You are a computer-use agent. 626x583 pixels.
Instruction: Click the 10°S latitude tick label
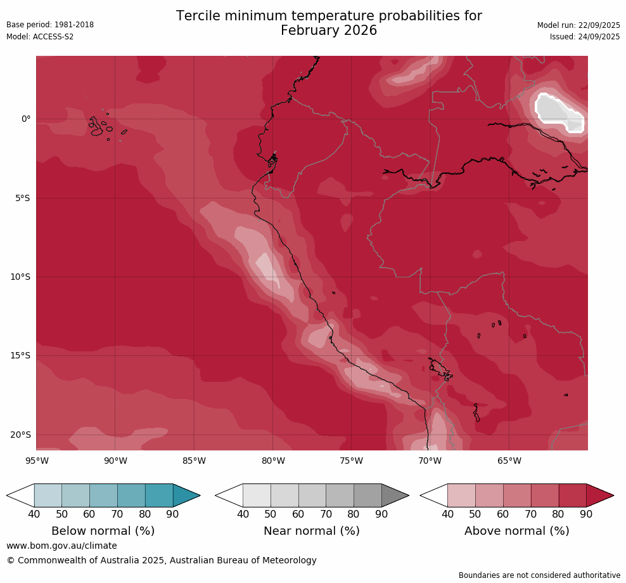(x=20, y=277)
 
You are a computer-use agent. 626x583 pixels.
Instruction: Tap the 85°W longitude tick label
(x=194, y=461)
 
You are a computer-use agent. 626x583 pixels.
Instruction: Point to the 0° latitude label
(x=26, y=119)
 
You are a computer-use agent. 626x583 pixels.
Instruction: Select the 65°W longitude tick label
(x=509, y=461)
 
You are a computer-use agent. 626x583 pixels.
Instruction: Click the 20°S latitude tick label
(x=20, y=435)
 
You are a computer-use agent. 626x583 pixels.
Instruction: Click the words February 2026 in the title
(x=328, y=30)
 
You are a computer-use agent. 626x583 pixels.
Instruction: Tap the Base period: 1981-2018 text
(x=50, y=25)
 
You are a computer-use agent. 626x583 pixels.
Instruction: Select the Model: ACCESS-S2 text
(x=40, y=37)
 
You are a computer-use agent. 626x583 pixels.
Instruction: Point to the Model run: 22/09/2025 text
(x=578, y=25)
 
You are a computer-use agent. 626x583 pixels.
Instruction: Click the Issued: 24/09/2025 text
(x=585, y=37)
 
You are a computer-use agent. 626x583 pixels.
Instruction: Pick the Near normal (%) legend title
(x=312, y=531)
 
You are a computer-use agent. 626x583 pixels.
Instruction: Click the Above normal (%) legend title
(x=517, y=531)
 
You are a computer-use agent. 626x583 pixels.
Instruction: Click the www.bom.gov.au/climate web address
(x=61, y=546)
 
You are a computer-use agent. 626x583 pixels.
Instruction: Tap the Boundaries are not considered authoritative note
(x=539, y=575)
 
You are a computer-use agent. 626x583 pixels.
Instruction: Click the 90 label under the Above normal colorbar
(x=586, y=514)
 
